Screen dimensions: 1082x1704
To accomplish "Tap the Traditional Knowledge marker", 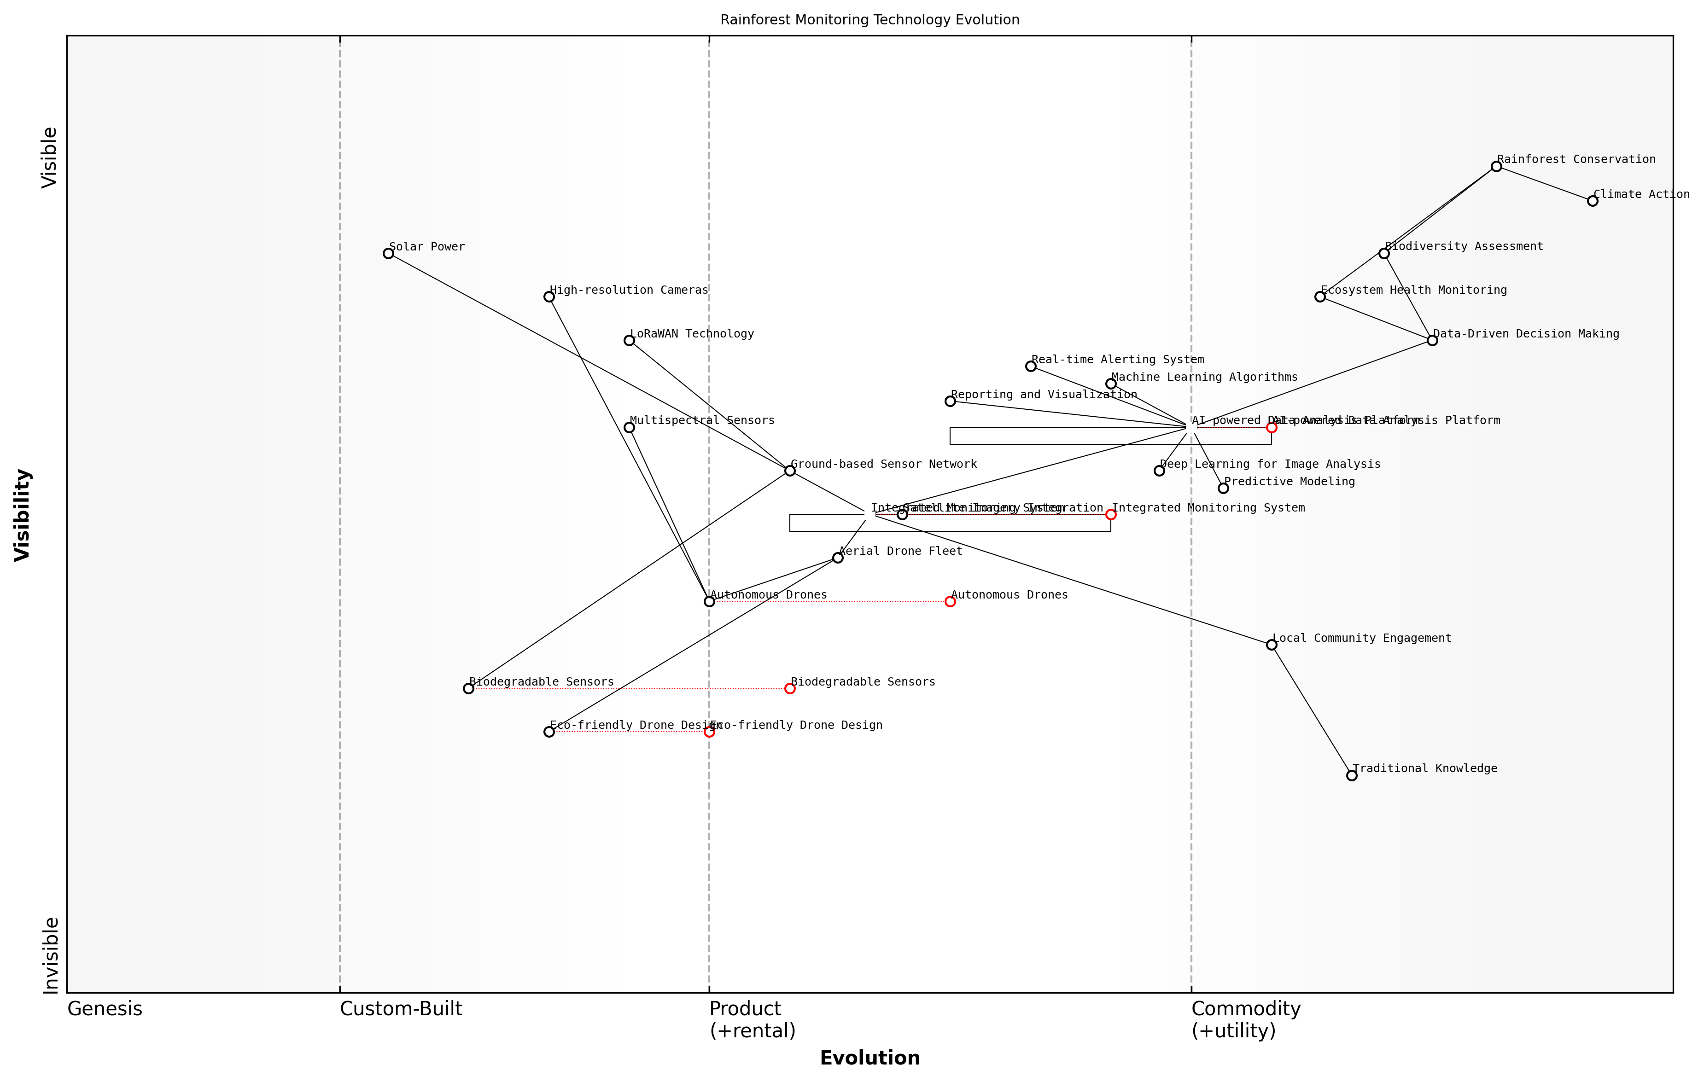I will pyautogui.click(x=1352, y=775).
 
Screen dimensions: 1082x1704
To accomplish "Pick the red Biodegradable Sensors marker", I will pyautogui.click(x=790, y=688).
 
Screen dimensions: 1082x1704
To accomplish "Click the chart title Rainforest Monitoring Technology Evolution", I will pyautogui.click(x=870, y=20).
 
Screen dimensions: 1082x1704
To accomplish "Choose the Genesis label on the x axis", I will pyautogui.click(x=105, y=1009).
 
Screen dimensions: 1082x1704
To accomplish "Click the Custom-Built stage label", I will pyautogui.click(x=401, y=1009).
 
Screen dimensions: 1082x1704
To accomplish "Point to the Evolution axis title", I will pyautogui.click(x=870, y=1058).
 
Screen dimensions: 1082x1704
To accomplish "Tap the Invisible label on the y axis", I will pyautogui.click(x=50, y=955).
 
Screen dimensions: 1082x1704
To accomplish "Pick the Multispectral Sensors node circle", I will pyautogui.click(x=629, y=427).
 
